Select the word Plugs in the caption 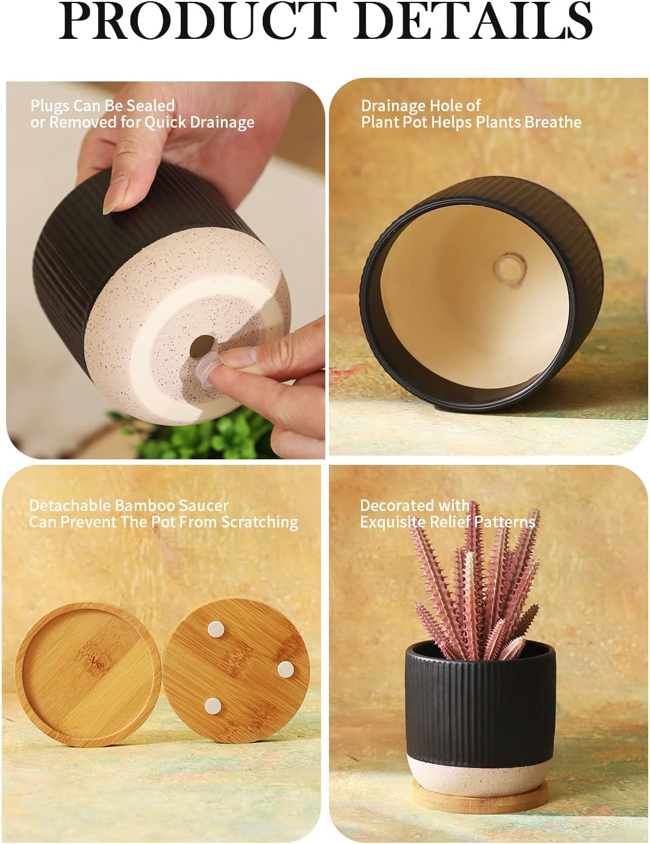[50, 106]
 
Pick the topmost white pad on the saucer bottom [215, 629]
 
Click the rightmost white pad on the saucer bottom [285, 669]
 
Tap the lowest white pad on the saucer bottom [213, 705]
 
